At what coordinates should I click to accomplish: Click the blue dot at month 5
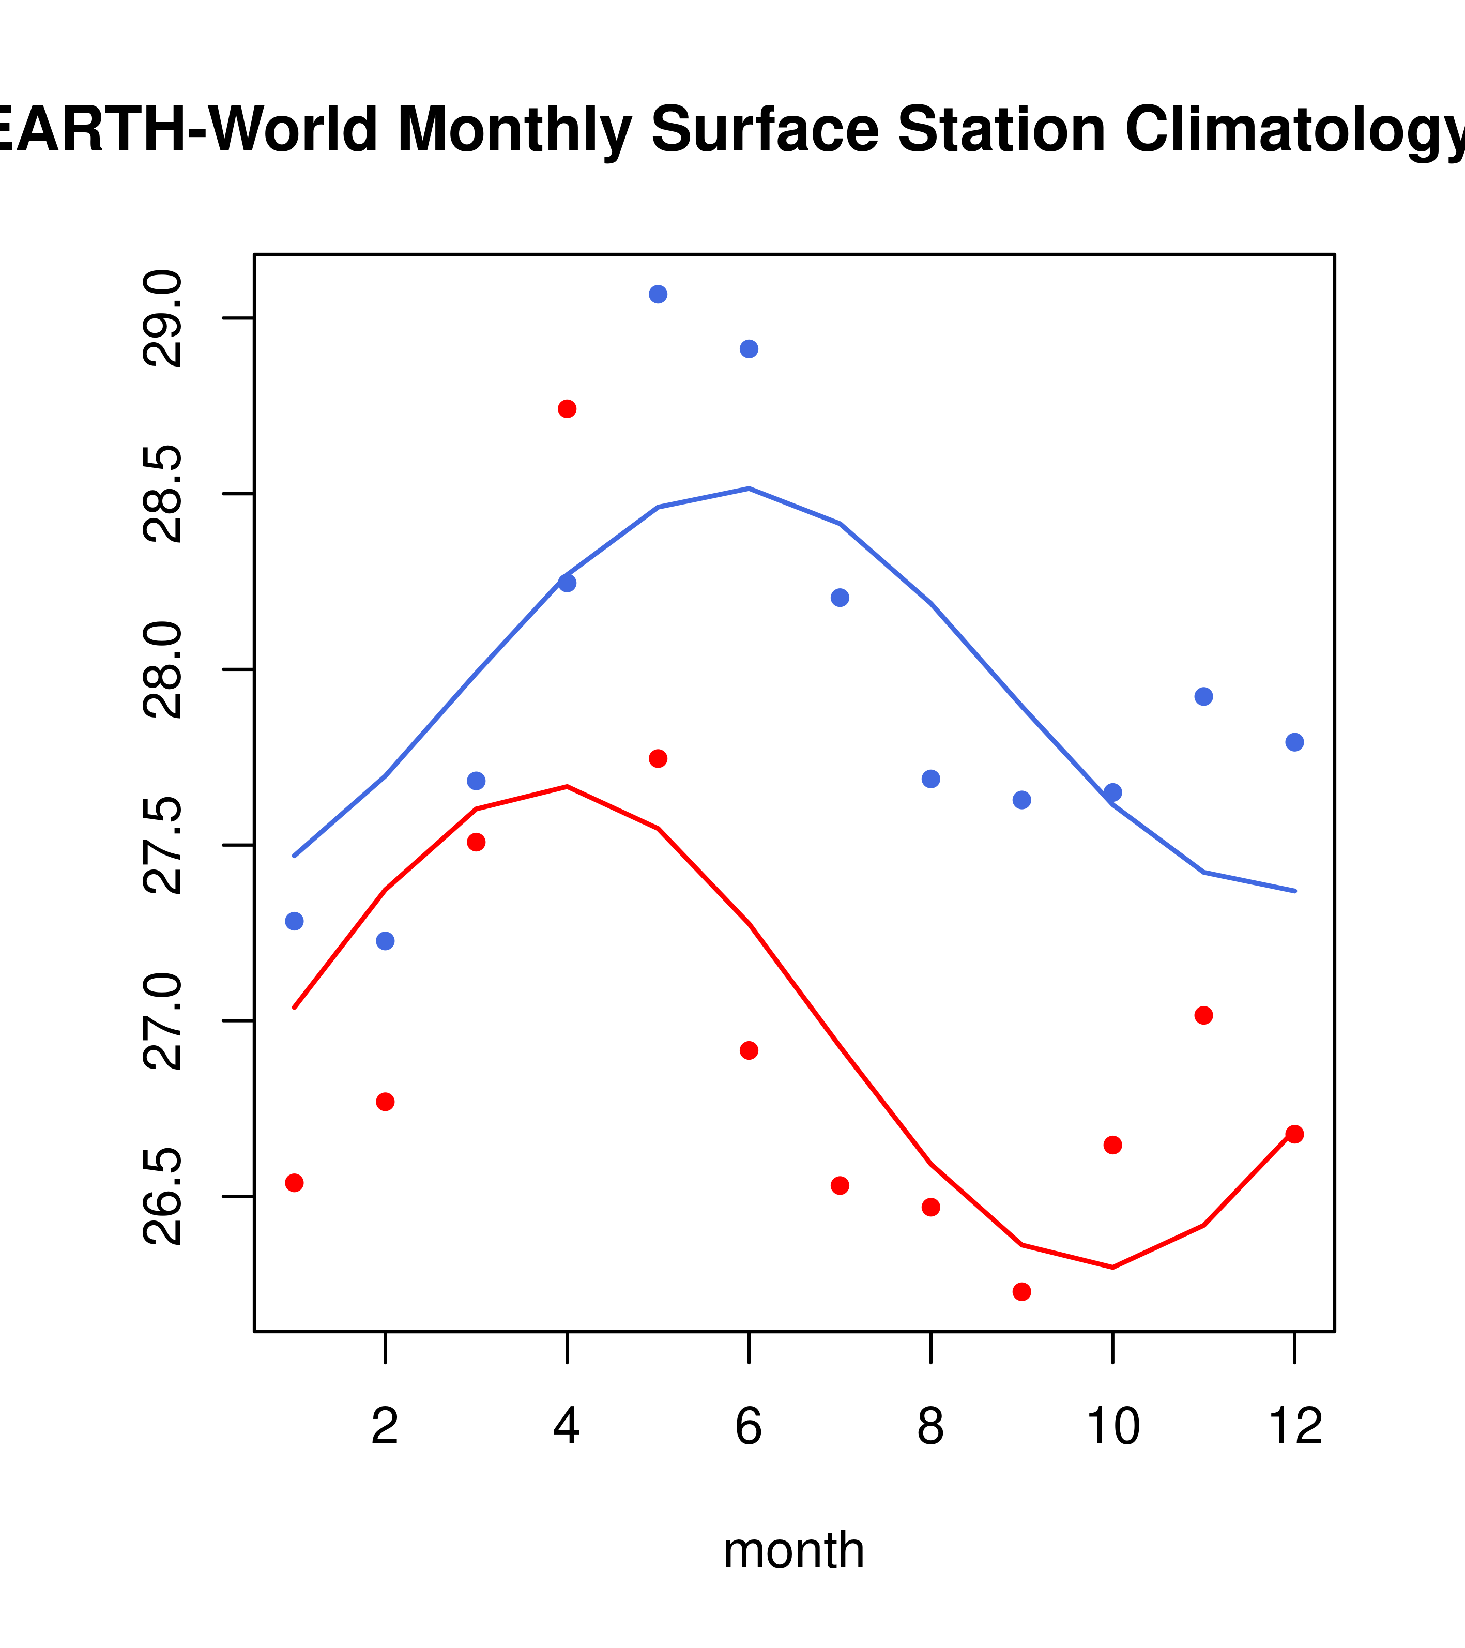point(658,294)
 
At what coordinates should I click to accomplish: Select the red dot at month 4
point(567,409)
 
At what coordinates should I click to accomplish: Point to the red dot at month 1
point(294,1183)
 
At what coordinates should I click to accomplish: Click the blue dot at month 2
point(386,941)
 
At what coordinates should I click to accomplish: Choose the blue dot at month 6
point(749,349)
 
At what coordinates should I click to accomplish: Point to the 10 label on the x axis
point(1112,1426)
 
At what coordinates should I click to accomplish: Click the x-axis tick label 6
point(749,1426)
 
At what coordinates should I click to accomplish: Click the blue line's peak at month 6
point(749,489)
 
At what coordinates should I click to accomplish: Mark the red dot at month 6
point(749,1050)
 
